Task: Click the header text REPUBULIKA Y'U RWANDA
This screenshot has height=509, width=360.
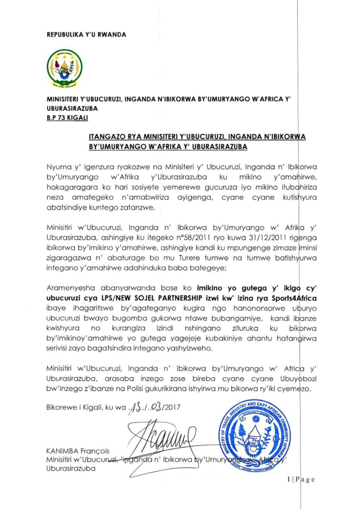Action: tap(86, 35)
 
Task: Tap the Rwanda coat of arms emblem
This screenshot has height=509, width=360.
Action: tap(64, 68)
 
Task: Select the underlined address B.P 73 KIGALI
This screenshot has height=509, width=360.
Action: tap(67, 118)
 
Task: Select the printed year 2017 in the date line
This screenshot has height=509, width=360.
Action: tap(172, 408)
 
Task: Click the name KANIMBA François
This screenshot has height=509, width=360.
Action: tap(78, 451)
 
